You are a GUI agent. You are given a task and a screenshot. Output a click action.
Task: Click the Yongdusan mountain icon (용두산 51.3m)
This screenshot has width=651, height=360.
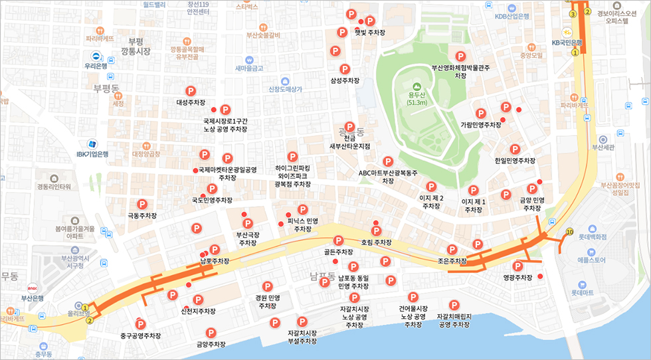coord(417,86)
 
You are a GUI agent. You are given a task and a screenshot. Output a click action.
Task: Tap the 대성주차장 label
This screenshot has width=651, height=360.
coord(190,103)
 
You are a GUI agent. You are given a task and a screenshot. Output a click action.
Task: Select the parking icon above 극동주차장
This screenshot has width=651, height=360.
coord(141,204)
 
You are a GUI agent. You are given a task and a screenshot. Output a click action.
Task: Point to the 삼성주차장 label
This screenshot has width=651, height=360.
coord(345,80)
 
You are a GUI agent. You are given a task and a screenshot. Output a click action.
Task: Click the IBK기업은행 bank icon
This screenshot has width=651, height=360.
coord(92,143)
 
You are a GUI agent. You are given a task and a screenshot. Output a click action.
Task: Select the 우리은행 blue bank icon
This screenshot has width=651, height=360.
coord(96,56)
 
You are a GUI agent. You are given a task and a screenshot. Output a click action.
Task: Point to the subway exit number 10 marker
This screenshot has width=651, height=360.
coord(569,232)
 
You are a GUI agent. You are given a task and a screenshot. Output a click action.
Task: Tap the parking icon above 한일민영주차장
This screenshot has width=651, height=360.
coord(515,149)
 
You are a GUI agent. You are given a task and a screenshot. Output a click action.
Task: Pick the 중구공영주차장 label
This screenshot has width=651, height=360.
coord(141,335)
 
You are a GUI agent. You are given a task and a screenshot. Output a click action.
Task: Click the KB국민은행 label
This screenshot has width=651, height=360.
coord(566,43)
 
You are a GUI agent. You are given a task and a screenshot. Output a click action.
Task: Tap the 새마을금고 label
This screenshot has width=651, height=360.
coord(250,68)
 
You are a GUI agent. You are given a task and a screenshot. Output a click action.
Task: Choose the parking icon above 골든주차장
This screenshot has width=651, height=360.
coord(338,240)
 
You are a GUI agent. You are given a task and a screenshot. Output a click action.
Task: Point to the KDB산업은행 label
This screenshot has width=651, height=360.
coord(511,17)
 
